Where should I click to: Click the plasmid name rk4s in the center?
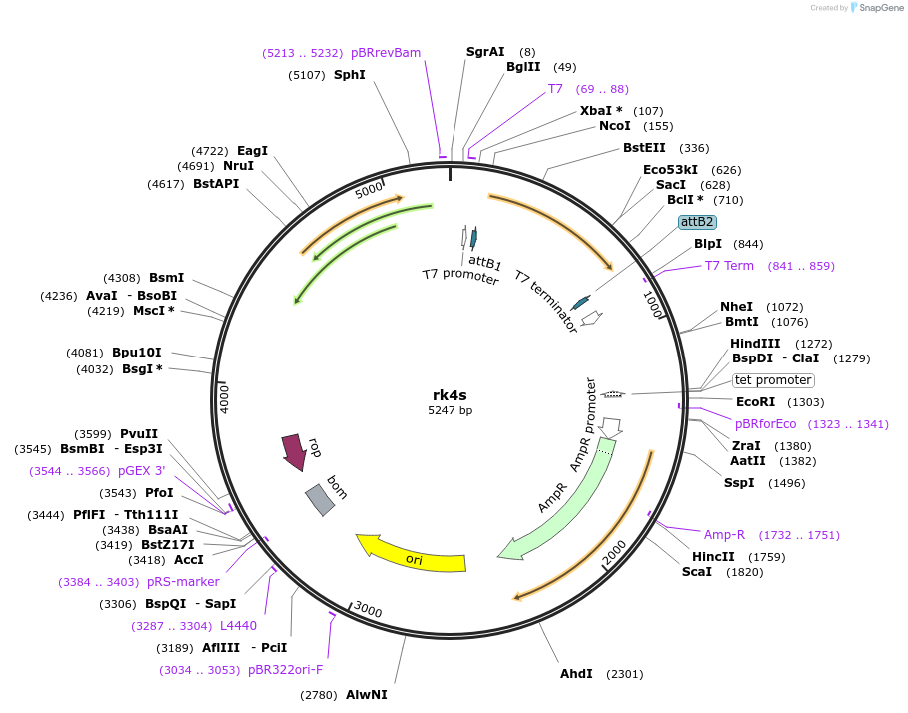[x=451, y=395]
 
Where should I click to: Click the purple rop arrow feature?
[x=294, y=451]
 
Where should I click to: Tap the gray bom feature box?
[x=320, y=499]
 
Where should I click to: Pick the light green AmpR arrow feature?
[x=559, y=504]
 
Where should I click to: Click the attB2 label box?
[x=697, y=222]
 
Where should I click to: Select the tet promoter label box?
[x=773, y=380]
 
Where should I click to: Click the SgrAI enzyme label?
[x=485, y=52]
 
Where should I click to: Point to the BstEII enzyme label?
[x=644, y=148]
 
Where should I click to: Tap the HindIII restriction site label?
[x=754, y=344]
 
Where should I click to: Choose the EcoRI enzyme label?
[x=756, y=402]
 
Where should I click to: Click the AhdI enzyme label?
[x=576, y=674]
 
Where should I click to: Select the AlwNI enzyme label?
[x=366, y=694]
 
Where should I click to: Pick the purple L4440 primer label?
[x=238, y=626]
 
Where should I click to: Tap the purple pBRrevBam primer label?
[x=386, y=53]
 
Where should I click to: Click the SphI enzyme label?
[x=350, y=75]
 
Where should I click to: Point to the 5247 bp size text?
[x=451, y=411]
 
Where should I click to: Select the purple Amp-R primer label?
[x=724, y=535]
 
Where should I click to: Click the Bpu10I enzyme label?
[x=137, y=353]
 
